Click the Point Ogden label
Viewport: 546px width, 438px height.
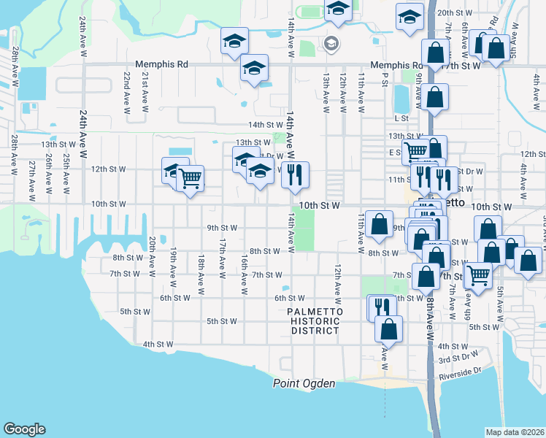click(304, 384)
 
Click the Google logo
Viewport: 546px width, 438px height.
click(24, 429)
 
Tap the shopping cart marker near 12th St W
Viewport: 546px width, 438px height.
click(190, 177)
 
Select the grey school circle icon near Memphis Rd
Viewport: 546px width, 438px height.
click(332, 44)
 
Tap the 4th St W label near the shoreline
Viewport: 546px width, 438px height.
click(158, 345)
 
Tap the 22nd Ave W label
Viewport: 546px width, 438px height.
click(127, 87)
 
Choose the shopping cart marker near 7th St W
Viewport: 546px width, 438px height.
click(479, 276)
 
